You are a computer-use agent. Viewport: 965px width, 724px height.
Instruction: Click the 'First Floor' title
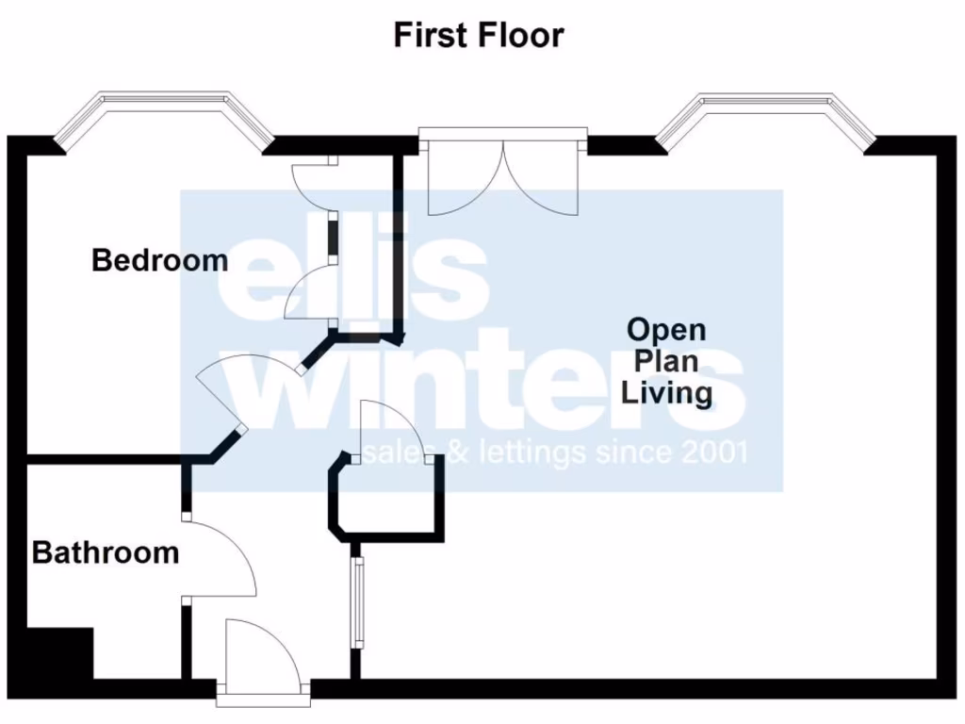pyautogui.click(x=479, y=36)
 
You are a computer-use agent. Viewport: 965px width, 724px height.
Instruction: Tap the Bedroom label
pyautogui.click(x=159, y=260)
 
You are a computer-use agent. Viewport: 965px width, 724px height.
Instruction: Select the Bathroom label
pyautogui.click(x=106, y=552)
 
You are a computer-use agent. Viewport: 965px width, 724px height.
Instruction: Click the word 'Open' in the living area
pyautogui.click(x=666, y=331)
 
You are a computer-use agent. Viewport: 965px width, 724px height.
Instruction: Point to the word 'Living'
pyautogui.click(x=666, y=391)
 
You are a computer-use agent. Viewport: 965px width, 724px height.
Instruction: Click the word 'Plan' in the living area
pyautogui.click(x=666, y=361)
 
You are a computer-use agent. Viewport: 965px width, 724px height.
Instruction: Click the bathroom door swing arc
pyautogui.click(x=226, y=561)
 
